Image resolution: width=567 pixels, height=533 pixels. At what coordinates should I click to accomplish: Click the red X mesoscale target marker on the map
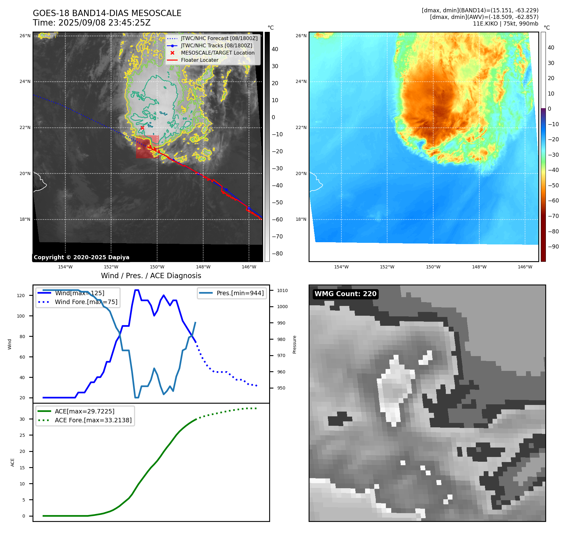pos(142,128)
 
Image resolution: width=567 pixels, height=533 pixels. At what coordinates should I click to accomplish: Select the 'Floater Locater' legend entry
pos(199,60)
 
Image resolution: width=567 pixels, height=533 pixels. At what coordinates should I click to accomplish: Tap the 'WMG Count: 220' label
pos(346,294)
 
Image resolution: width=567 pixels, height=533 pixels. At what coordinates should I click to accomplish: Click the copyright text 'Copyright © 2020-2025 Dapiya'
pos(81,257)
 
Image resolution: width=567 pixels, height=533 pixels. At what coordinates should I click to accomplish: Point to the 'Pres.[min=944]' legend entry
pos(240,293)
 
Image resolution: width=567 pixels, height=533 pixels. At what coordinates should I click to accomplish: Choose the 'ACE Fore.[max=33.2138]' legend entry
pos(93,420)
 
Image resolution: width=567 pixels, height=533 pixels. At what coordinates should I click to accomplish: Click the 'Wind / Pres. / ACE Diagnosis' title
pos(151,276)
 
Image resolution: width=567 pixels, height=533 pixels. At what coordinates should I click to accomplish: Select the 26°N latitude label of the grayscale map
pos(25,36)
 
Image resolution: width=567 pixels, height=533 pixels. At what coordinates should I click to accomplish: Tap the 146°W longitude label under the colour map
pos(525,267)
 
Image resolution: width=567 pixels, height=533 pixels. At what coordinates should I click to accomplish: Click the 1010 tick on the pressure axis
pos(282,290)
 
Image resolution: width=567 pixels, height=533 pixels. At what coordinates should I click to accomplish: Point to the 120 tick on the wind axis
pos(21,296)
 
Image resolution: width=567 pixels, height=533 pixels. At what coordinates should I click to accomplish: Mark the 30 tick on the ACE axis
pos(22,419)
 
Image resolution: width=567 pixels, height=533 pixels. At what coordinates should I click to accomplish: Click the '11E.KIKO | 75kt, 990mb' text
pos(505,24)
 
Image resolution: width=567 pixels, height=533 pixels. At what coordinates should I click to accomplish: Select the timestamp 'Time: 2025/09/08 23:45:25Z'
pos(92,23)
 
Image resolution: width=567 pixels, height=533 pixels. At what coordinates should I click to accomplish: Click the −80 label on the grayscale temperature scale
pos(277,254)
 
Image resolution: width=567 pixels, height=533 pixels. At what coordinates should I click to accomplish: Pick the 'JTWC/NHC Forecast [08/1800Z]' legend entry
pos(219,38)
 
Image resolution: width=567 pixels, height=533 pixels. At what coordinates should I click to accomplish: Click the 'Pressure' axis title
pos(294,344)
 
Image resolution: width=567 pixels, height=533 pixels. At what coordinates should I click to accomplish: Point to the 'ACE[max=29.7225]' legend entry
pos(85,411)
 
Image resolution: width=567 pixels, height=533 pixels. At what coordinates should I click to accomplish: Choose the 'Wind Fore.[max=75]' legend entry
pos(86,302)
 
